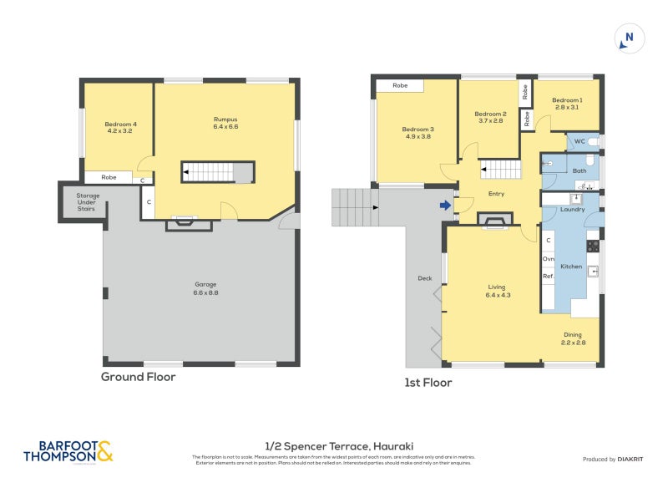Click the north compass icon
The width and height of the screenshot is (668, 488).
tap(629, 37)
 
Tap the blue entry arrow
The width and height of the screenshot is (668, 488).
tap(446, 205)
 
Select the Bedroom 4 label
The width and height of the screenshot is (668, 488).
tap(121, 128)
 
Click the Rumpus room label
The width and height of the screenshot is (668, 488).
tap(225, 123)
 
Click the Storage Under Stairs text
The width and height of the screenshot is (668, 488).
tap(82, 203)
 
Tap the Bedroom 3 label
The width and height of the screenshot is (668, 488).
tap(417, 132)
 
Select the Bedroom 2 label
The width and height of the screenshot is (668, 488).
tap(490, 117)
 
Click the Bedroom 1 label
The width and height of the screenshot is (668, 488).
tap(567, 104)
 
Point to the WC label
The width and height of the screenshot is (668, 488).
tap(579, 141)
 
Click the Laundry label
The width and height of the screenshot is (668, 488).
tap(572, 209)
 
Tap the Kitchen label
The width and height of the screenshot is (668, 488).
tap(571, 266)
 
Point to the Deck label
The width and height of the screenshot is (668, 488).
tap(424, 278)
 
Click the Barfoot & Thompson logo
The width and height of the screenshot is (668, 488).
tap(68, 452)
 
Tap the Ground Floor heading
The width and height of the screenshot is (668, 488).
tap(138, 377)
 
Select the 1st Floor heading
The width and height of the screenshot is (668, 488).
tap(428, 383)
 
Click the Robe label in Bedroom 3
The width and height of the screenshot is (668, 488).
tap(400, 85)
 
